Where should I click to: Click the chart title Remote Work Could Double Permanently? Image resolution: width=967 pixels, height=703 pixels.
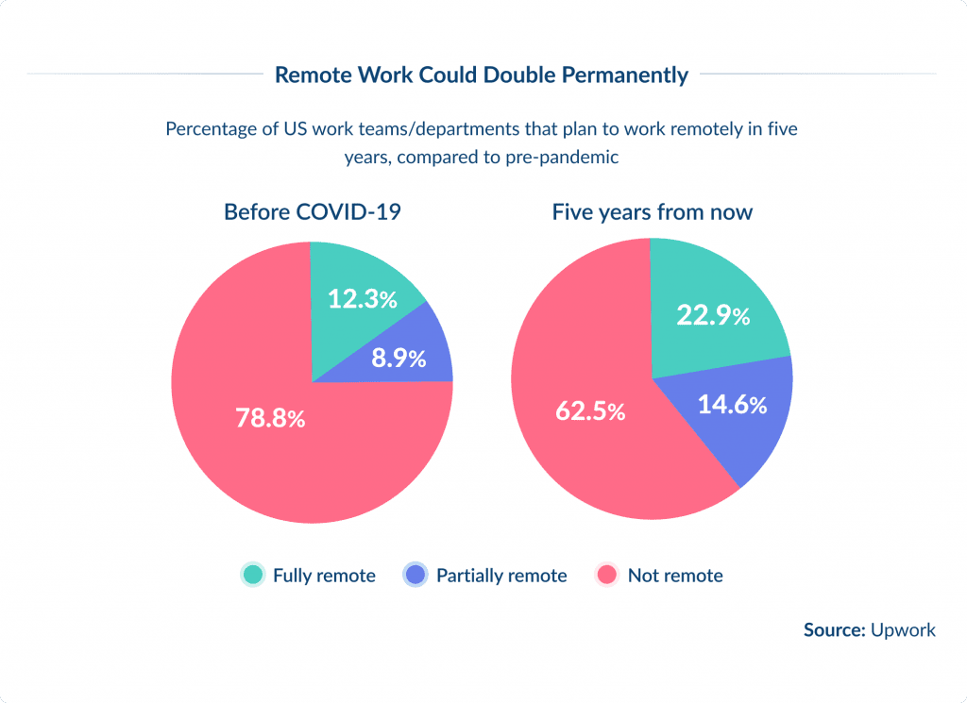click(x=482, y=75)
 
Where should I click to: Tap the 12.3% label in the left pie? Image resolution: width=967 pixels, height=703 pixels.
click(x=363, y=299)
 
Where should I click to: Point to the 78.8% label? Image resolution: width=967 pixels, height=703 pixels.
click(x=269, y=418)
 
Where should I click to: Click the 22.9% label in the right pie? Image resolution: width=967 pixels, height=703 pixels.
click(x=713, y=315)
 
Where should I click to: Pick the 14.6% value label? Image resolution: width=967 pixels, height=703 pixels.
click(x=732, y=405)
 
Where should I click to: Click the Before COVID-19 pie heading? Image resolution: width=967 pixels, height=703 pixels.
click(x=312, y=211)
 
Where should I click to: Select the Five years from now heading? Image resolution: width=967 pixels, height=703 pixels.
click(x=652, y=211)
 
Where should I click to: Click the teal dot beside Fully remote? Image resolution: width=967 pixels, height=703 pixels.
click(x=252, y=575)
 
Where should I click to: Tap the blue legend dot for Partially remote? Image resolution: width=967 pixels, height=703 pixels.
click(x=416, y=575)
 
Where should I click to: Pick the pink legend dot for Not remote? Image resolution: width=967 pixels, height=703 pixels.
click(x=607, y=575)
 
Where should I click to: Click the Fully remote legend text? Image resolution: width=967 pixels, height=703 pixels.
click(x=324, y=576)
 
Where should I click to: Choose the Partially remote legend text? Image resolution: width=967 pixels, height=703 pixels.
click(x=501, y=576)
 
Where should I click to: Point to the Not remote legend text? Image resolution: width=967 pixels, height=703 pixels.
click(x=675, y=576)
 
